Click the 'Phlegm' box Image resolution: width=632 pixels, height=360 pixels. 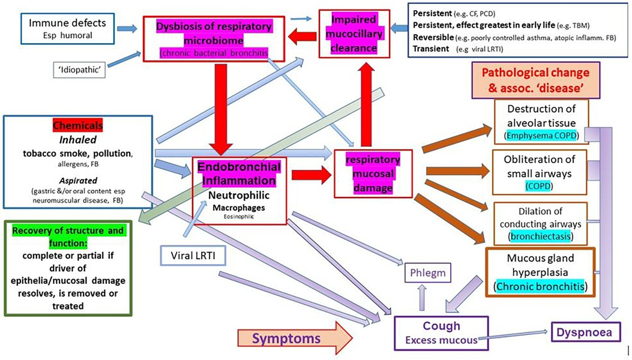pyautogui.click(x=427, y=274)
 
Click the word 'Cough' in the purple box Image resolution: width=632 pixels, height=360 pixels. pyautogui.click(x=441, y=326)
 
